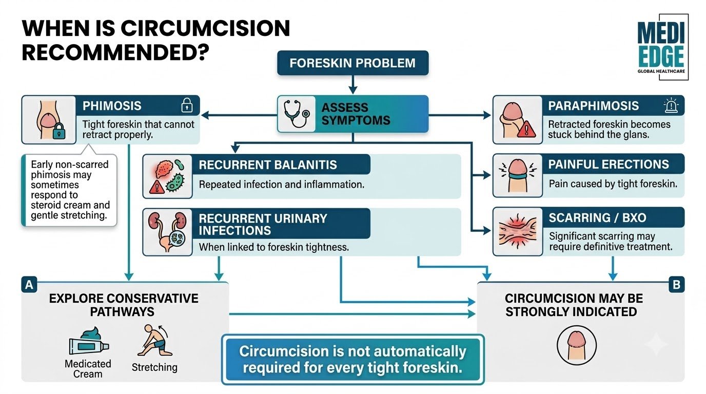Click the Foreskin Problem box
tap(352, 63)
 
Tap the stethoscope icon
tap(297, 114)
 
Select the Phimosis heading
tap(112, 106)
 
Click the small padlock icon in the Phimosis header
tap(187, 105)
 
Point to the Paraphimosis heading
tap(594, 106)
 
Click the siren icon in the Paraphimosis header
tap(671, 105)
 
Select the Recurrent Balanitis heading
tap(268, 165)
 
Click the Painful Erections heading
tap(609, 164)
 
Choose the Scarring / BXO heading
tap(598, 218)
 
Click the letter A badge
tap(29, 285)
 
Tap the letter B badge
tap(676, 285)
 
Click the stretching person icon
tap(154, 341)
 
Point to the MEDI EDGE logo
tap(662, 47)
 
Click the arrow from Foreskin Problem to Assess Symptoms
tap(352, 85)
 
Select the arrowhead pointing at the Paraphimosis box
tap(487, 115)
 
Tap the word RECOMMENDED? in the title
tap(115, 52)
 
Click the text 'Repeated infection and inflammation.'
tap(282, 184)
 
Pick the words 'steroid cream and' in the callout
tap(70, 205)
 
